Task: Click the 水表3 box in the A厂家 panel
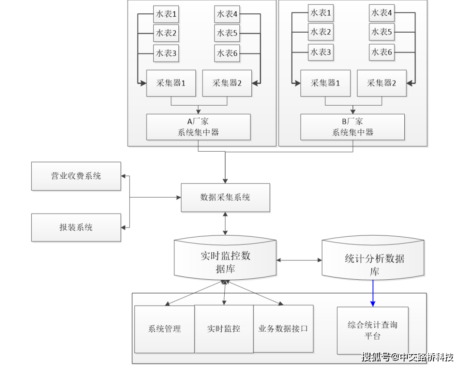point(166,53)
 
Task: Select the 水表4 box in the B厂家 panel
point(382,13)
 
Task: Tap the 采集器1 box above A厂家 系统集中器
point(171,83)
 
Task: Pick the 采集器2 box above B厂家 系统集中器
point(382,83)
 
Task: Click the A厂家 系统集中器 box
point(198,127)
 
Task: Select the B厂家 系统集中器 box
point(352,127)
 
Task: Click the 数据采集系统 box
point(226,197)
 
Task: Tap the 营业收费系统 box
point(76,176)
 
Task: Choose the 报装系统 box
point(76,227)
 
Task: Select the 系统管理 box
point(165,329)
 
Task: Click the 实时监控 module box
point(224,329)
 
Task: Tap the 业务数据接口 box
point(283,328)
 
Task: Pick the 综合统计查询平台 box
point(372,330)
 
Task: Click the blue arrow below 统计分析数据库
point(373,294)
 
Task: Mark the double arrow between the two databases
point(299,260)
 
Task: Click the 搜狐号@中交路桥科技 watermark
point(407,357)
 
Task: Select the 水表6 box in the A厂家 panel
point(227,53)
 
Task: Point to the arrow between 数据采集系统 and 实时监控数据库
point(225,223)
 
